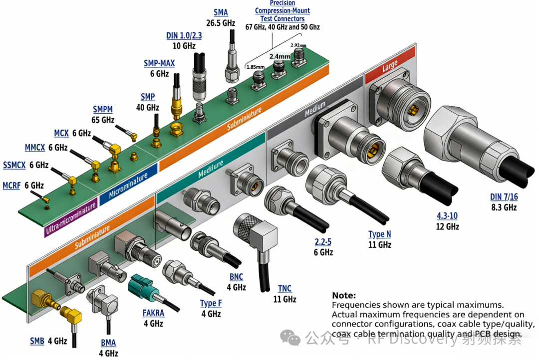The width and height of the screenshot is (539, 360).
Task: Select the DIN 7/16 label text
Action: coord(504,197)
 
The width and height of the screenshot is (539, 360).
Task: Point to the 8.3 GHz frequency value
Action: coord(504,207)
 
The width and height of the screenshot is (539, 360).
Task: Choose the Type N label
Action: coord(380,234)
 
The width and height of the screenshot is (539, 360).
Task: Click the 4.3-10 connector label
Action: coord(446,216)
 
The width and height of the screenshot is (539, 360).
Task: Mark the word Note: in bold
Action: coord(344,295)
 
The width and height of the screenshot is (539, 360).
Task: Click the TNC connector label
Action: coord(284,289)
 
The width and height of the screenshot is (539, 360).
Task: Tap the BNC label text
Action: coord(237,277)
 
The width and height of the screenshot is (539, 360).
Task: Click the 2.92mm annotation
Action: coord(299,45)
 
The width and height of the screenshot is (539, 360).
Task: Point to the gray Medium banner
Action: coord(315,108)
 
